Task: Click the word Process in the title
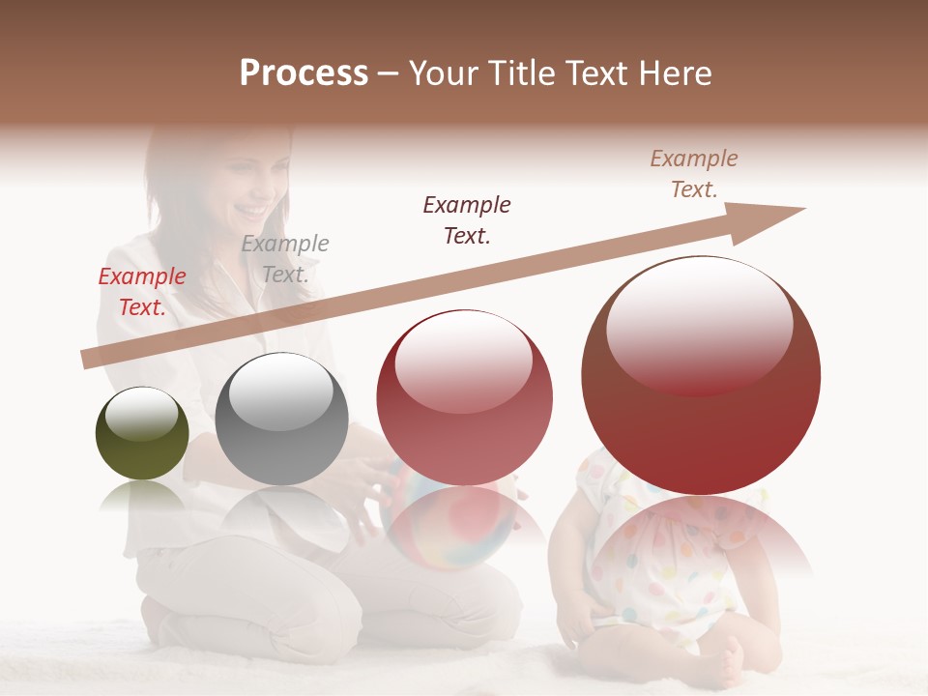pos(304,72)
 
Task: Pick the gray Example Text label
pos(285,259)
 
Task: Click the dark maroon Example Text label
pos(467,219)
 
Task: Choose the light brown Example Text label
pos(694,174)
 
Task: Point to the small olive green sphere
pos(142,433)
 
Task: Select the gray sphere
pos(281,419)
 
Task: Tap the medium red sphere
pos(464,398)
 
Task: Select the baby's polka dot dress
pos(667,561)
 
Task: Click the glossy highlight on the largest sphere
pos(699,324)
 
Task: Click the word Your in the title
pos(443,72)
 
